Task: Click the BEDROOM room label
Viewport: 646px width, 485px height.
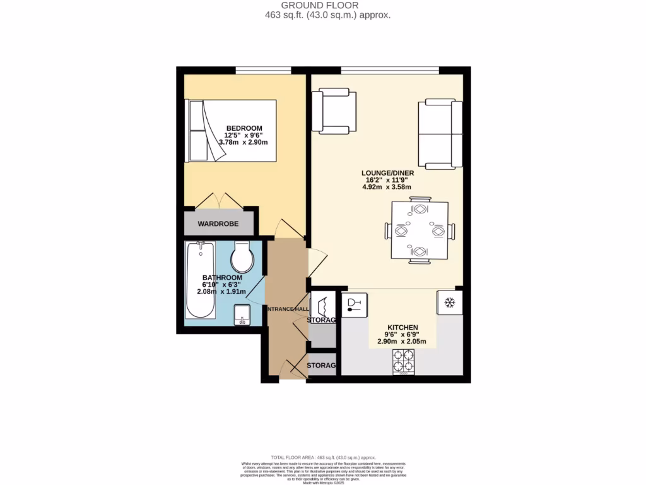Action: tap(244, 128)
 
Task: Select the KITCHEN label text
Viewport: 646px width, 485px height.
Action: tap(402, 327)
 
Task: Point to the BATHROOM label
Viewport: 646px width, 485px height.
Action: tap(222, 278)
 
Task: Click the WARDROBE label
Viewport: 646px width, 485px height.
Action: tap(218, 224)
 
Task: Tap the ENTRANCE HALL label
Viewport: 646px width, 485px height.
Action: tap(286, 309)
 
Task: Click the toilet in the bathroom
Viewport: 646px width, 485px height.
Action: tap(242, 256)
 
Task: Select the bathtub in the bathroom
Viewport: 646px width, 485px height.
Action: tap(201, 281)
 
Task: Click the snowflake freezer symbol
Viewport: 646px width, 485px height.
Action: tap(450, 303)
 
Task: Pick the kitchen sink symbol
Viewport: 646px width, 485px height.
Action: tap(355, 306)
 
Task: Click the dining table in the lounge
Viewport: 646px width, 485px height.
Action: tap(420, 231)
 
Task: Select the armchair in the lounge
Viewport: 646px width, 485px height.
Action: tap(334, 112)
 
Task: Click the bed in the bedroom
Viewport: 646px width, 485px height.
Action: tap(230, 129)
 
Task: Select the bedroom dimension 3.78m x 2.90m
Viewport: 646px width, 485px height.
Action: tap(244, 143)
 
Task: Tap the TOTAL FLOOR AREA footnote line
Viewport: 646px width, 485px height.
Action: tap(323, 457)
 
